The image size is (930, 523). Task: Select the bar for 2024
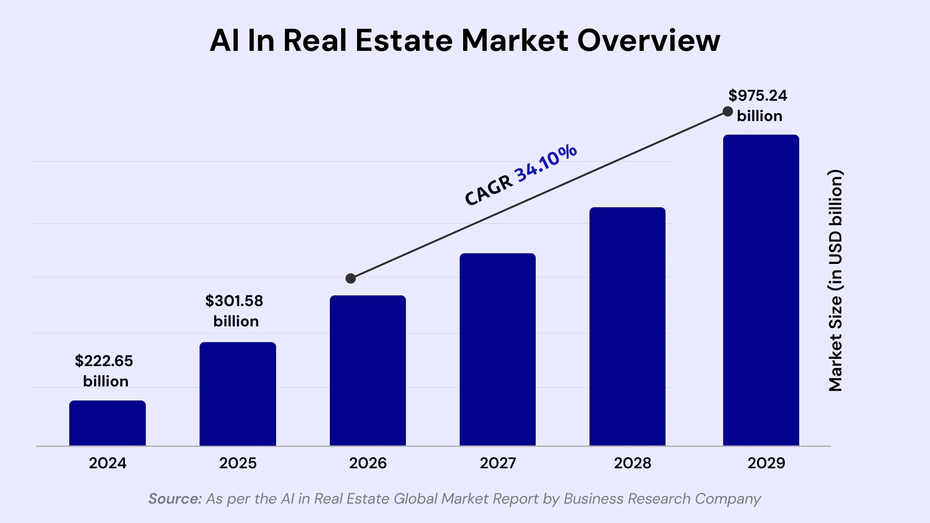[108, 423]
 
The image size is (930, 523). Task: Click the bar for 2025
[238, 394]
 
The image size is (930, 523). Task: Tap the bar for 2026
[368, 370]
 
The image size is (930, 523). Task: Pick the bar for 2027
[497, 349]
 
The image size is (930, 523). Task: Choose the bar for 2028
[627, 326]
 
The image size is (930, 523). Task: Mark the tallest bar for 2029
[761, 290]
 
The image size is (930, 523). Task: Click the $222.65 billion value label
[104, 370]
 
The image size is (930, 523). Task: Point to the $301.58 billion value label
[234, 310]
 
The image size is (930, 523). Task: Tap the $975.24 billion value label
[758, 105]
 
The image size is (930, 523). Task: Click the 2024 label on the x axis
[108, 463]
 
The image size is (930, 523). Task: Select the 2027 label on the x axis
[497, 463]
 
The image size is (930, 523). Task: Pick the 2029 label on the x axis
[766, 463]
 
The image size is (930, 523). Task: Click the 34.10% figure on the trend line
[546, 163]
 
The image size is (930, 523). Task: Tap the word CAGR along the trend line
[488, 190]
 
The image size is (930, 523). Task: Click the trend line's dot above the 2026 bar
[351, 278]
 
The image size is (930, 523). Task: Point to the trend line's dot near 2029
[728, 111]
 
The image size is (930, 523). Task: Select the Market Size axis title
[836, 281]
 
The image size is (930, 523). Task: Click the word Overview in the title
[649, 40]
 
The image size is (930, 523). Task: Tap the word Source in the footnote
[174, 498]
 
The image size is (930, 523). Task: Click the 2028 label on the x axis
[632, 463]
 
